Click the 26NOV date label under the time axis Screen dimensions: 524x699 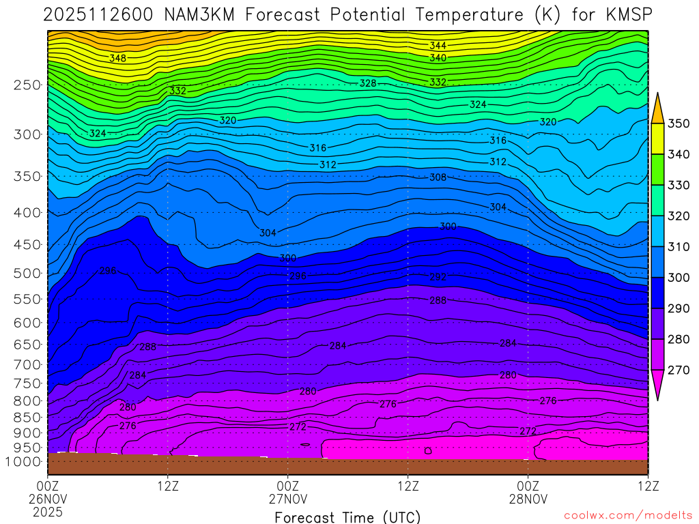point(47,499)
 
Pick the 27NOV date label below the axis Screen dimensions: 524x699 point(288,499)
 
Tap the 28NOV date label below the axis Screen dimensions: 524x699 point(528,499)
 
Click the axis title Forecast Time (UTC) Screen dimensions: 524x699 point(347,517)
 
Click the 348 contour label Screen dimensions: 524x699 point(117,59)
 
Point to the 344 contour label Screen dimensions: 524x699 point(438,46)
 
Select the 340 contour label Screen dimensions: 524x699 point(438,58)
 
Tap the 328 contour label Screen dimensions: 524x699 point(368,83)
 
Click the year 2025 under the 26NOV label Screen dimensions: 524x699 point(47,511)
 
